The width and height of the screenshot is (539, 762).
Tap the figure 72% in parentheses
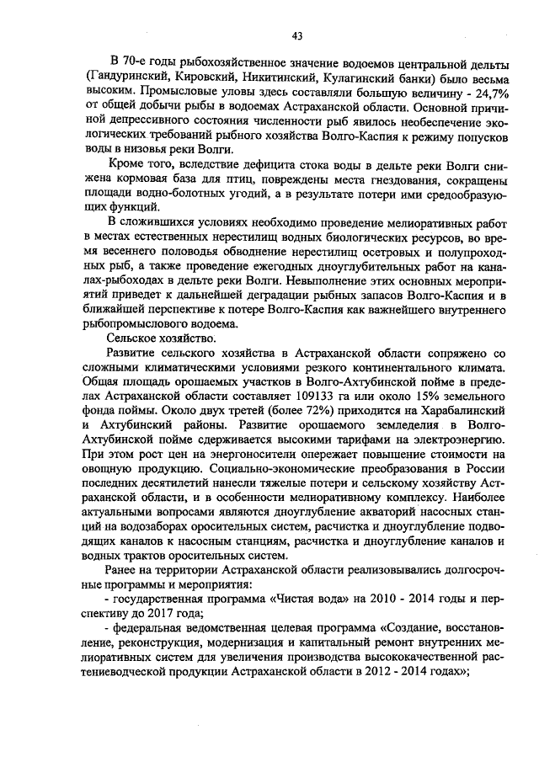coord(313,408)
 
